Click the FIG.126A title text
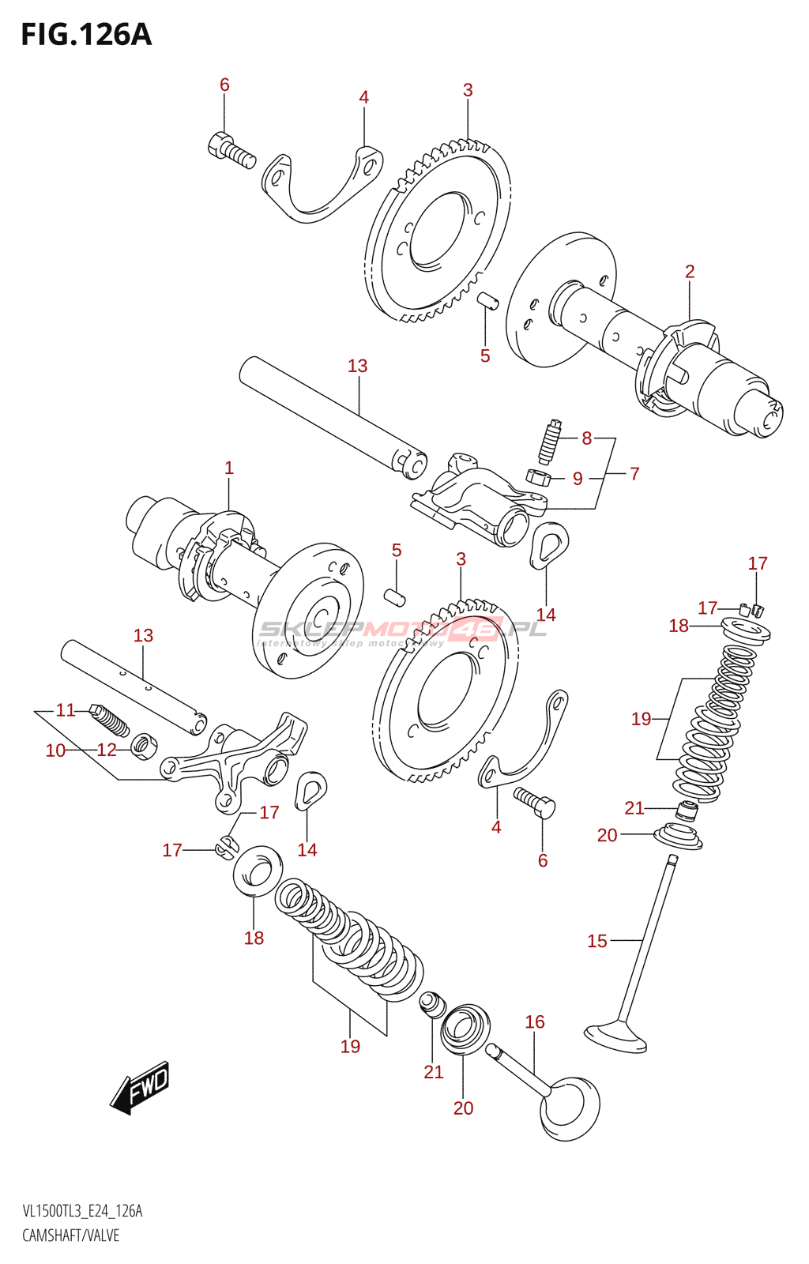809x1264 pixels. coord(86,35)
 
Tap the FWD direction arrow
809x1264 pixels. coord(141,1087)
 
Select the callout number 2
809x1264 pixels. coord(690,272)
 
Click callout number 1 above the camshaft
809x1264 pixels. coord(229,468)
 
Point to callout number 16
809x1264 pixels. coord(535,1021)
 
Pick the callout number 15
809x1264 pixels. coord(597,941)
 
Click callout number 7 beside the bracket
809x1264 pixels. coord(634,473)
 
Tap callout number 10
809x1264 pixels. coord(55,750)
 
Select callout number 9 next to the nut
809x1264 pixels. coord(578,478)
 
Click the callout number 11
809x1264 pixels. coord(66,710)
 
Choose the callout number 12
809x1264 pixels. coord(107,750)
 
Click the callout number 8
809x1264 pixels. coord(586,438)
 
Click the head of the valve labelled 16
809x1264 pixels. coord(570,1108)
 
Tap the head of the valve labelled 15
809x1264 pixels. coord(616,1036)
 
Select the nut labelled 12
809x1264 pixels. coord(144,744)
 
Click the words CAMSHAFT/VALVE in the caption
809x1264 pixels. coord(70,1235)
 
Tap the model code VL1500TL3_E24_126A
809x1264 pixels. coord(82,1211)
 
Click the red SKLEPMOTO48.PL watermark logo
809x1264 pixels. coord(403,630)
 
